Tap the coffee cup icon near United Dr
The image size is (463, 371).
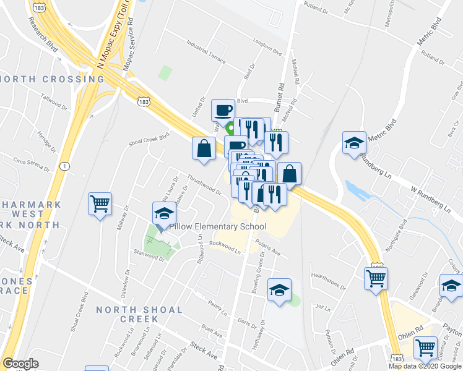223,110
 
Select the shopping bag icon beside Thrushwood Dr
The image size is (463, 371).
204,148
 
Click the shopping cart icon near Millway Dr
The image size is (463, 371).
100,203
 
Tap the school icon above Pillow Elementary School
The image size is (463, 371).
164,213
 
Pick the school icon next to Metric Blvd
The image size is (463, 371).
355,142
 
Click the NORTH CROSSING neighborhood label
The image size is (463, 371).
53,79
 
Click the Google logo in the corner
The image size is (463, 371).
20,364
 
